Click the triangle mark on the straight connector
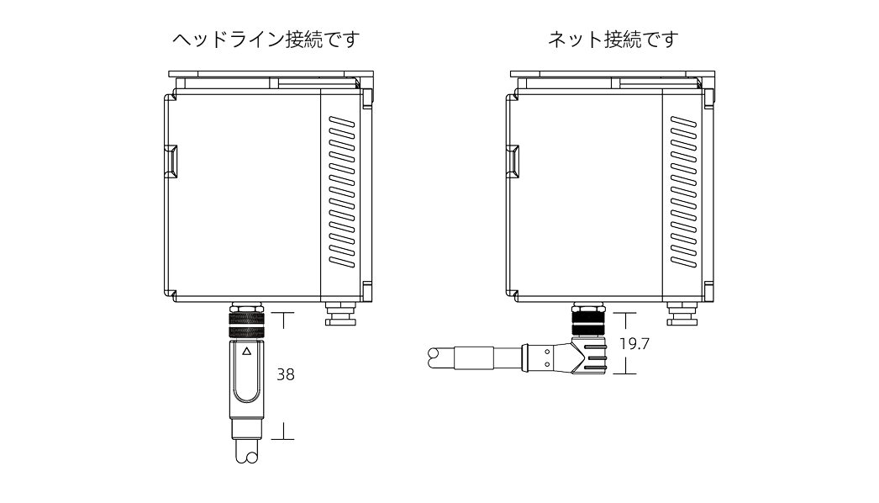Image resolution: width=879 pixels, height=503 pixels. pyautogui.click(x=246, y=352)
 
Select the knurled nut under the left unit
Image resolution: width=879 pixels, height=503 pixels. pyautogui.click(x=245, y=320)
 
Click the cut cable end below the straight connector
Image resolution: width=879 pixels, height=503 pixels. pyautogui.click(x=246, y=453)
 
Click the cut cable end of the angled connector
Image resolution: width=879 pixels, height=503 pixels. pyautogui.click(x=438, y=358)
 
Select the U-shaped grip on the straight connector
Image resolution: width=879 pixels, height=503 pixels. pyautogui.click(x=246, y=379)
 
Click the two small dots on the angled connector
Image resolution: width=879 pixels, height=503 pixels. pyautogui.click(x=546, y=358)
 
